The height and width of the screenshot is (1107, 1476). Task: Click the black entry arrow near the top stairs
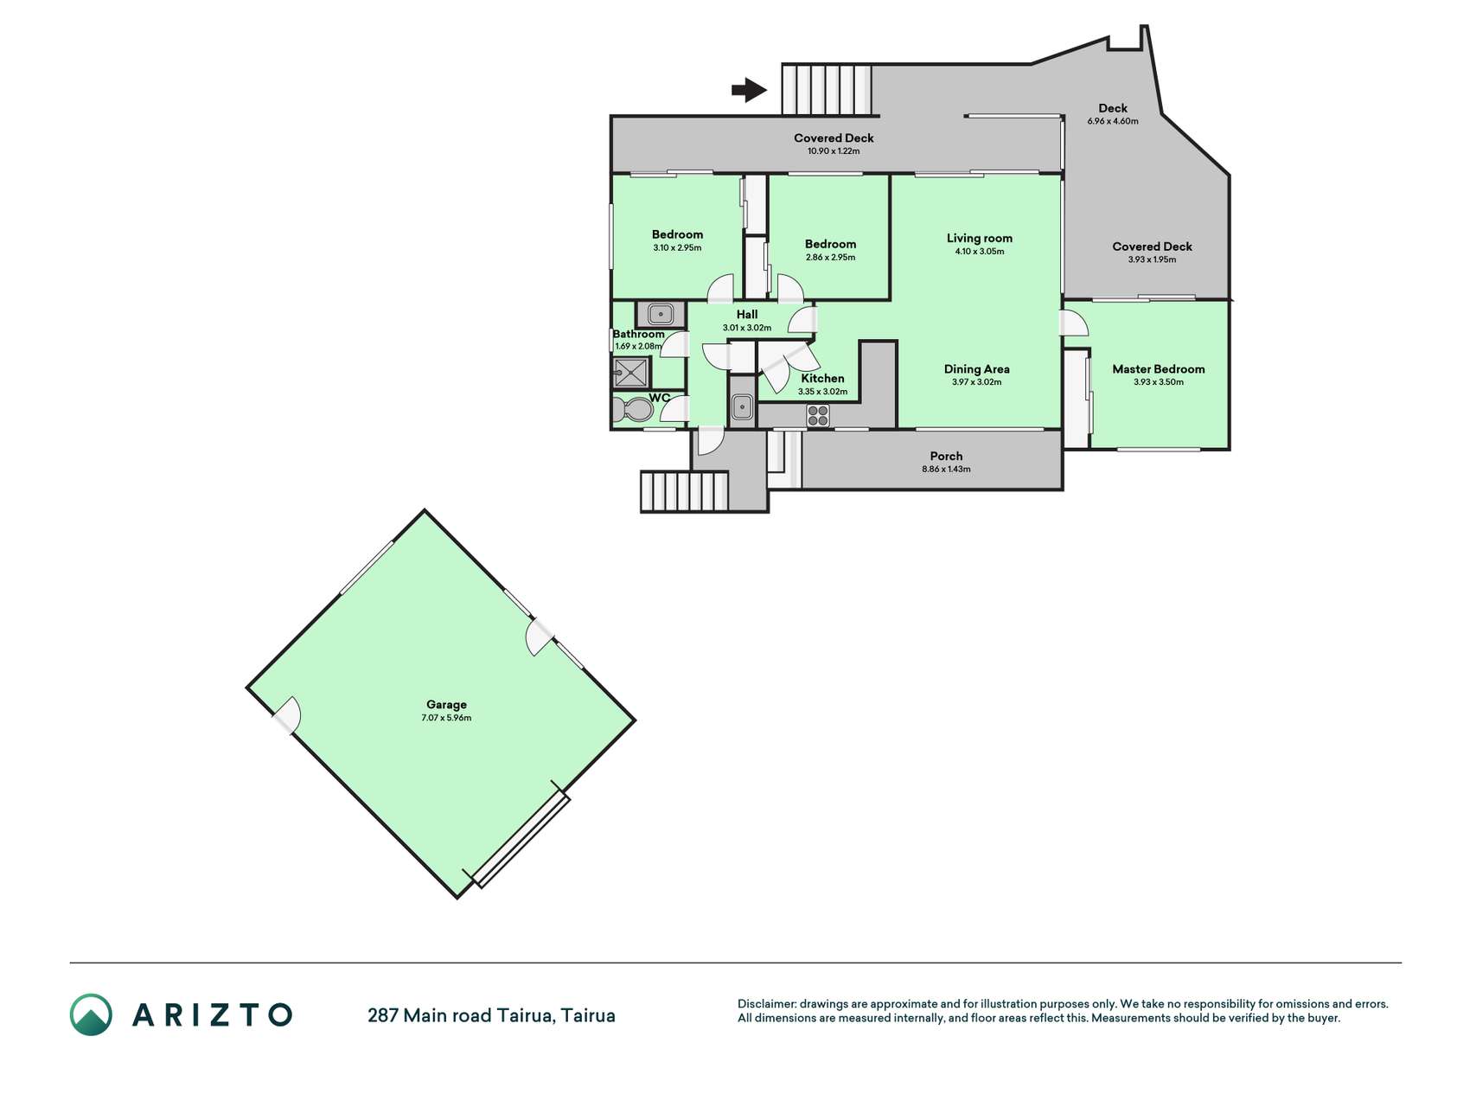[x=749, y=89]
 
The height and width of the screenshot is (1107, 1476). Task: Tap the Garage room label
[x=446, y=704]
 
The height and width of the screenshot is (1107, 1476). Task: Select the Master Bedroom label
[x=1158, y=368]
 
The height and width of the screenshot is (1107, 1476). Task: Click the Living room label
[x=979, y=238]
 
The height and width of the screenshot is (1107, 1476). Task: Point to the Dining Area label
[x=976, y=368]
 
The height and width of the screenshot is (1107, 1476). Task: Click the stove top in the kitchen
[x=818, y=416]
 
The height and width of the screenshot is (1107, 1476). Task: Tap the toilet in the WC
[x=632, y=411]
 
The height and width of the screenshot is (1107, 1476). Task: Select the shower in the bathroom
[x=631, y=373]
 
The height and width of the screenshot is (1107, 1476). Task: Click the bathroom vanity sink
[x=661, y=312]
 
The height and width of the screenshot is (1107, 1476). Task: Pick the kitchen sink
[x=742, y=406]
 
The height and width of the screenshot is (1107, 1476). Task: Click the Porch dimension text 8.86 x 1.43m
[x=946, y=469]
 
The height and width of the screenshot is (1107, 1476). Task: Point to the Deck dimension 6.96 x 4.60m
[x=1113, y=121]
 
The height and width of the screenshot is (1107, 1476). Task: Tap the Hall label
[x=747, y=314]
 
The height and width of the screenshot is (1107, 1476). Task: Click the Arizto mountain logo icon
[x=91, y=1014]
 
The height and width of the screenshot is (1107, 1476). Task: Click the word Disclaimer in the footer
[x=766, y=1004]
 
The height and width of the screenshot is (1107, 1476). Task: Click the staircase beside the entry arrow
[x=827, y=89]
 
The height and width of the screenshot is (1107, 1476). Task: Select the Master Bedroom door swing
[x=1075, y=323]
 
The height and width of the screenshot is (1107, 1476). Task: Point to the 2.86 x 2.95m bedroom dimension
[x=830, y=257]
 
